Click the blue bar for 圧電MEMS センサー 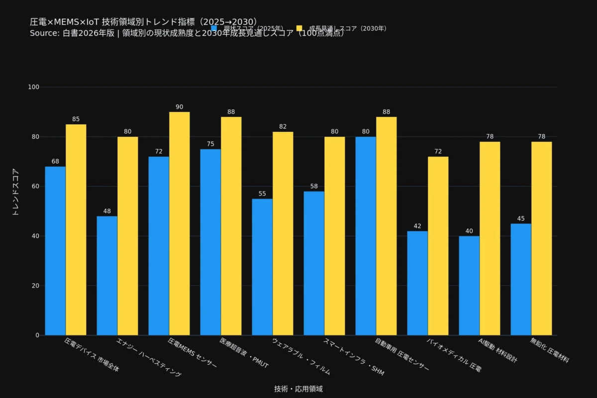(159, 246)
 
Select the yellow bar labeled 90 (180, 223)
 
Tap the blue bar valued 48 (107, 276)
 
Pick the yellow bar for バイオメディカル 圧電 (438, 246)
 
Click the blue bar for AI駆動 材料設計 (469, 286)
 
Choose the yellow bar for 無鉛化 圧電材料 (541, 238)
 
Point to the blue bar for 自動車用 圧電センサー (366, 236)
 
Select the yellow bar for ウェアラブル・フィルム (283, 233)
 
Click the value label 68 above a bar (55, 161)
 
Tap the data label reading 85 (76, 119)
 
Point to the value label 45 (521, 218)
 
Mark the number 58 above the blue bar (314, 186)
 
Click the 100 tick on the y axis (33, 87)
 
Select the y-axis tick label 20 (35, 286)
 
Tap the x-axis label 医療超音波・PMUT (244, 353)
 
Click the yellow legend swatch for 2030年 (299, 28)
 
